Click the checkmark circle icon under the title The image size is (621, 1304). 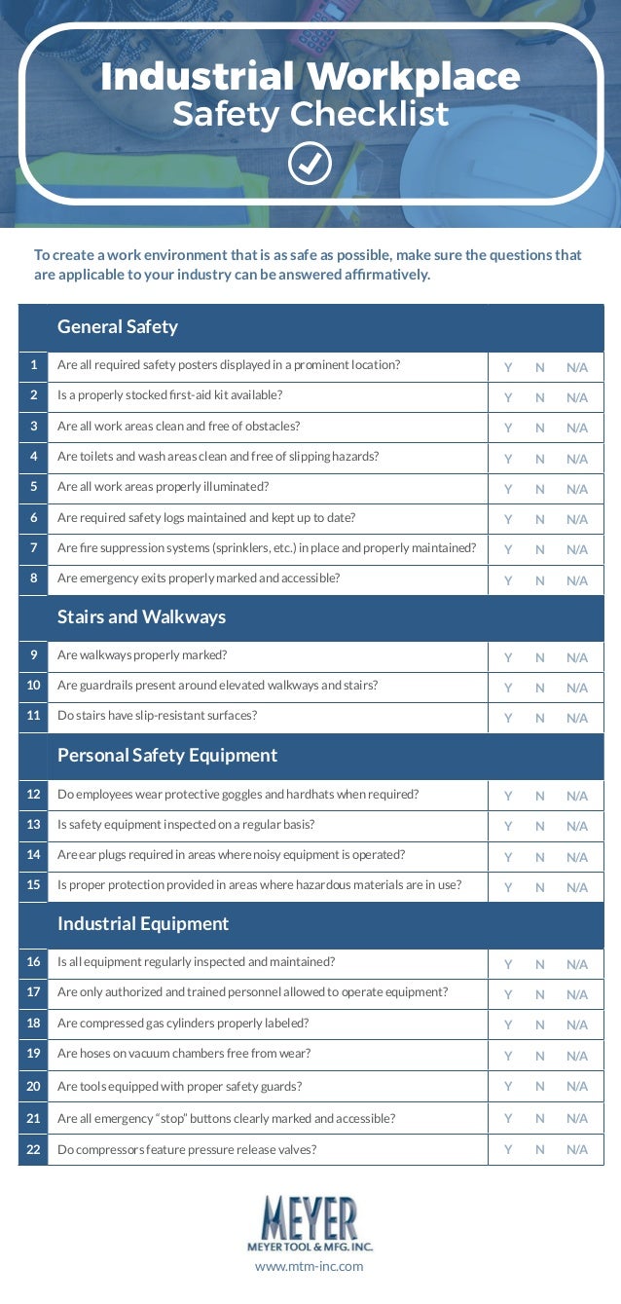[310, 165]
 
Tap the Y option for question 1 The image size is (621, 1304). [508, 367]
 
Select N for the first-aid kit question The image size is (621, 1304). [540, 397]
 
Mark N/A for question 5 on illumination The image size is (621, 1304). [577, 489]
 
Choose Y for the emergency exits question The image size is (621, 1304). [508, 580]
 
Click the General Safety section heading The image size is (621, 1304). [118, 326]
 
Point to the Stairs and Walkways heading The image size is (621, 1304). [141, 616]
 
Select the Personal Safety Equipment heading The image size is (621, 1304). [167, 755]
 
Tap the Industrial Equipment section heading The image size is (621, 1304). [143, 923]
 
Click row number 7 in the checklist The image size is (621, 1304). [33, 548]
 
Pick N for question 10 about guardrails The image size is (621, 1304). [540, 688]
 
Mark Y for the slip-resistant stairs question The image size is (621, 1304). [508, 718]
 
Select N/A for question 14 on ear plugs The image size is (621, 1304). [577, 857]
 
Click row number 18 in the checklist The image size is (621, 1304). [33, 1023]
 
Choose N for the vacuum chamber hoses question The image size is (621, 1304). [540, 1056]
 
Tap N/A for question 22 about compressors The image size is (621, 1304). [577, 1149]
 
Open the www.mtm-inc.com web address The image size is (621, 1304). [310, 1266]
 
